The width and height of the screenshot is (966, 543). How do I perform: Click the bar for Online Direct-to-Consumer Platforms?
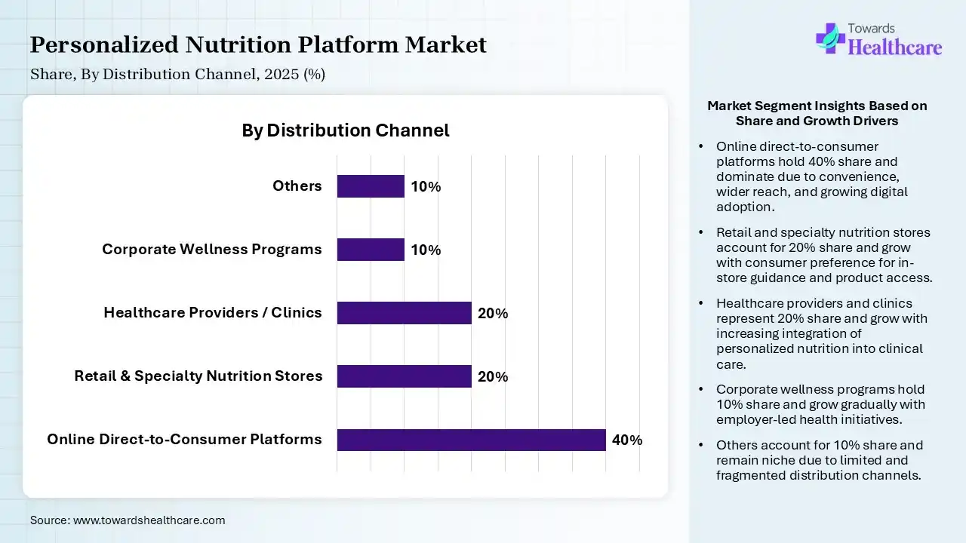[x=471, y=440]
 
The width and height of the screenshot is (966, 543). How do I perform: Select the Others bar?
[x=371, y=186]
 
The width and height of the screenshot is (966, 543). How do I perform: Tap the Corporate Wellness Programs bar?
[x=371, y=250]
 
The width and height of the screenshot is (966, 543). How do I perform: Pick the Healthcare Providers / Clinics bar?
[x=404, y=313]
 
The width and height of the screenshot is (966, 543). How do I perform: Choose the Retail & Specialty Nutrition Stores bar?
[x=404, y=376]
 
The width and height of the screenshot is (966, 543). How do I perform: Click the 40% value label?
[x=627, y=440]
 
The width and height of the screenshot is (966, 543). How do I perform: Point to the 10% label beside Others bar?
[x=426, y=187]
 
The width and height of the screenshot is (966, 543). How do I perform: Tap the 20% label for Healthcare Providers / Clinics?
[x=493, y=314]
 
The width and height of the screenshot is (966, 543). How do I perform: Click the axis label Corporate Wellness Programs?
[x=212, y=250]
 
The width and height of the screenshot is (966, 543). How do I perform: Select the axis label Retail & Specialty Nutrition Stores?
[x=198, y=376]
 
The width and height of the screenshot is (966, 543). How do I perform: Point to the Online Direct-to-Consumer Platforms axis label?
[x=184, y=440]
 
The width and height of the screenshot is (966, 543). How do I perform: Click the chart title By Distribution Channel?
[x=345, y=130]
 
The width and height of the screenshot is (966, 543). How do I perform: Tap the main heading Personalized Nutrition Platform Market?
[x=258, y=45]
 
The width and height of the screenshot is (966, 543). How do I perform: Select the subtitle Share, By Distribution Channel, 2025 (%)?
[x=177, y=75]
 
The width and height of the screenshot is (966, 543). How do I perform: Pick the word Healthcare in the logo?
[x=895, y=48]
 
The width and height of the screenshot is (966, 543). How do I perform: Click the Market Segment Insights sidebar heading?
[x=817, y=113]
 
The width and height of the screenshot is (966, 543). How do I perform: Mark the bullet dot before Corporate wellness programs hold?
[x=702, y=390]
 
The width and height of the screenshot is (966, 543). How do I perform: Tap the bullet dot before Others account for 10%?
[x=702, y=446]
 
